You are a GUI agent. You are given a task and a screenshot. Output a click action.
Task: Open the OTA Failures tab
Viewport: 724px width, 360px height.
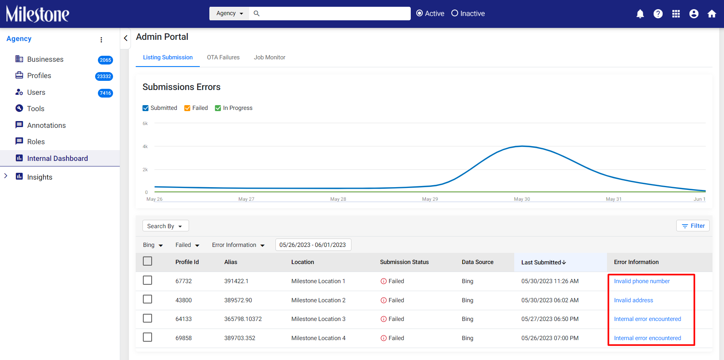click(223, 57)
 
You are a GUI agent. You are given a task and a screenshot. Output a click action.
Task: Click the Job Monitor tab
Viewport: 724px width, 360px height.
click(269, 57)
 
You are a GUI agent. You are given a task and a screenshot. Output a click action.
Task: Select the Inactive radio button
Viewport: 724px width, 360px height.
click(455, 13)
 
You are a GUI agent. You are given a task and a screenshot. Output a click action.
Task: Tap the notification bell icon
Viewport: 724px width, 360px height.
click(640, 14)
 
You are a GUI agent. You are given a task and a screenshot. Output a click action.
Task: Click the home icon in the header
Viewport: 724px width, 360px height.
click(712, 14)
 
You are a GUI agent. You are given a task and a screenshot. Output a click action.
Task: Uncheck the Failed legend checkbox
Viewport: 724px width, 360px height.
click(187, 108)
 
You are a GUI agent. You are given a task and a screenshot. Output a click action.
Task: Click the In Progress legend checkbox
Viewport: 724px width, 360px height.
click(218, 108)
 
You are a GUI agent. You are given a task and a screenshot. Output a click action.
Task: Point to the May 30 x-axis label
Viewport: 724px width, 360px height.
click(522, 199)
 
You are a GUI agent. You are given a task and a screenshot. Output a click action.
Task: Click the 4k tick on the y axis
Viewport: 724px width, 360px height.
click(145, 147)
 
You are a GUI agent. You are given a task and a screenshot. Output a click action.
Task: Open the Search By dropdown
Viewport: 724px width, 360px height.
click(166, 226)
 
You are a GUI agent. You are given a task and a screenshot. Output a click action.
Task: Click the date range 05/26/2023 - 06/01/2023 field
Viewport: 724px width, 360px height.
click(313, 245)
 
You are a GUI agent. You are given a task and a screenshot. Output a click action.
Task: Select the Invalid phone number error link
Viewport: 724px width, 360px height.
click(642, 281)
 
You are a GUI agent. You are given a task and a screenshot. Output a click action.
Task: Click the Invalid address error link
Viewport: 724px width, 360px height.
click(633, 300)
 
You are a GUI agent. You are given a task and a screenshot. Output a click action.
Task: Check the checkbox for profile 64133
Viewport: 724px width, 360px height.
click(147, 318)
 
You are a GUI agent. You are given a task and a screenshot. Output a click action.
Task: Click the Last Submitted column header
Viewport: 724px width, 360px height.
click(544, 262)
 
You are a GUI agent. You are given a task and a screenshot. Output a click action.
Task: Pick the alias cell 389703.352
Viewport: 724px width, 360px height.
click(240, 338)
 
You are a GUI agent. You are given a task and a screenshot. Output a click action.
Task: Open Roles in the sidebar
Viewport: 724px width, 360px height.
click(36, 142)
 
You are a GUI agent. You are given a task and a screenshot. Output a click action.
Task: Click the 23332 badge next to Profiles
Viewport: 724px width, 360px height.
click(104, 76)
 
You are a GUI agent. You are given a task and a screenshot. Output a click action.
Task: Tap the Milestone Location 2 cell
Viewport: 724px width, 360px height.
click(318, 300)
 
